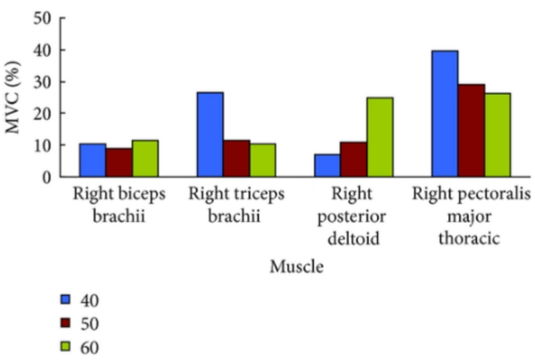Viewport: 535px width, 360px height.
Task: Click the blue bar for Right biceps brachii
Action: [93, 160]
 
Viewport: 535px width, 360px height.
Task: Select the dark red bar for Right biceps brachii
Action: [119, 162]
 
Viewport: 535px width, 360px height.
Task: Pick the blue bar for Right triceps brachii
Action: [210, 134]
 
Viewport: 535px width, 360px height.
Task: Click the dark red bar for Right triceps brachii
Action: [236, 158]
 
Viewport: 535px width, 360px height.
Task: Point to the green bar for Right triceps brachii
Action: [262, 160]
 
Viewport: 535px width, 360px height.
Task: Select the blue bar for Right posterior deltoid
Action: [327, 165]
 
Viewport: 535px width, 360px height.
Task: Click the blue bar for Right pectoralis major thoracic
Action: [445, 113]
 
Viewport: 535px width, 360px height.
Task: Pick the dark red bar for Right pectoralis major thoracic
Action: [471, 130]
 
